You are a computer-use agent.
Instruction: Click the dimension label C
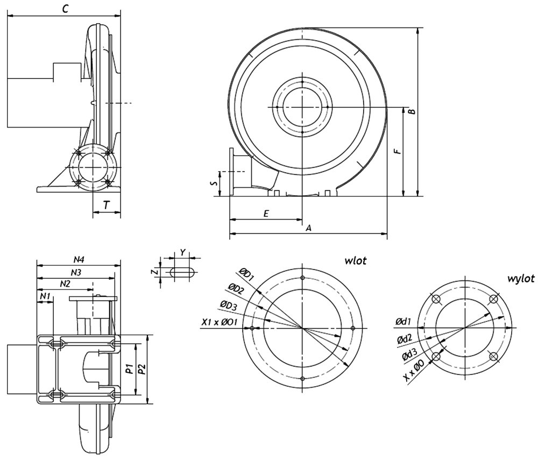(x=65, y=9)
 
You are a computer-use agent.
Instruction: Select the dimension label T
(x=107, y=205)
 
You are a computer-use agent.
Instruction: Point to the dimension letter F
(x=398, y=151)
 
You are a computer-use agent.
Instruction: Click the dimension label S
(x=214, y=183)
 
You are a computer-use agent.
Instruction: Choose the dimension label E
(x=266, y=214)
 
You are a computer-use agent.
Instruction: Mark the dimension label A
(x=308, y=228)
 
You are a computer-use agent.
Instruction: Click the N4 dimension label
(x=79, y=260)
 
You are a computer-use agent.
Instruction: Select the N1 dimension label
(x=45, y=295)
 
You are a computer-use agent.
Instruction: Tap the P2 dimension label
(x=141, y=369)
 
